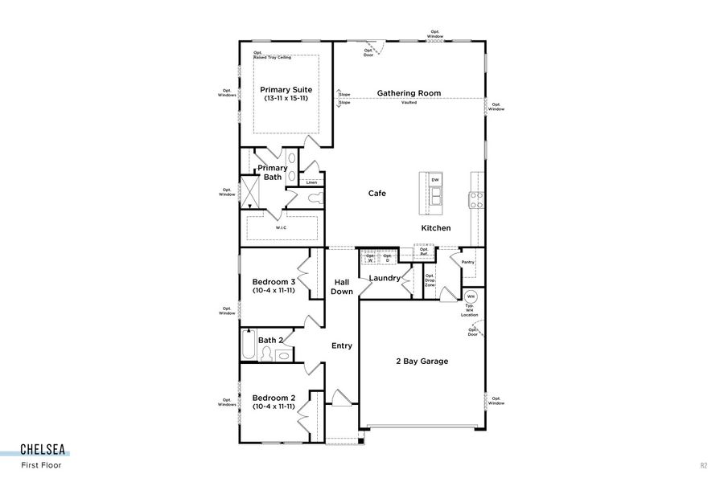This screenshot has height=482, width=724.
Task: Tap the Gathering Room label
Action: (409, 93)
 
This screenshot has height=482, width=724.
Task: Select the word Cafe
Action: (376, 194)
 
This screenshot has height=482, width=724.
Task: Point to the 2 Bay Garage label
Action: (422, 361)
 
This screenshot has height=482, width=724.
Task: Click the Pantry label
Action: (467, 262)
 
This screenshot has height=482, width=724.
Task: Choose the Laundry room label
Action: (385, 279)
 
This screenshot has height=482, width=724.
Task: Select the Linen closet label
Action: (311, 182)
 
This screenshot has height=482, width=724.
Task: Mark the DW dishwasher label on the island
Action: (435, 178)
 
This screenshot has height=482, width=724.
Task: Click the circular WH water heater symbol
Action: (471, 296)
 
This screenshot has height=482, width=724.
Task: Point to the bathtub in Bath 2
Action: (248, 347)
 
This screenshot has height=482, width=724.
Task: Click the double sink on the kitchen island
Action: (435, 196)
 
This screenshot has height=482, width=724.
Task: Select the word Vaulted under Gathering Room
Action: (409, 103)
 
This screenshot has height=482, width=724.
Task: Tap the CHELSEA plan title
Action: (43, 450)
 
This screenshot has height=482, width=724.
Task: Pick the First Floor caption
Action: (41, 464)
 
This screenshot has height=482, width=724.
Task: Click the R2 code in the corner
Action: (703, 464)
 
